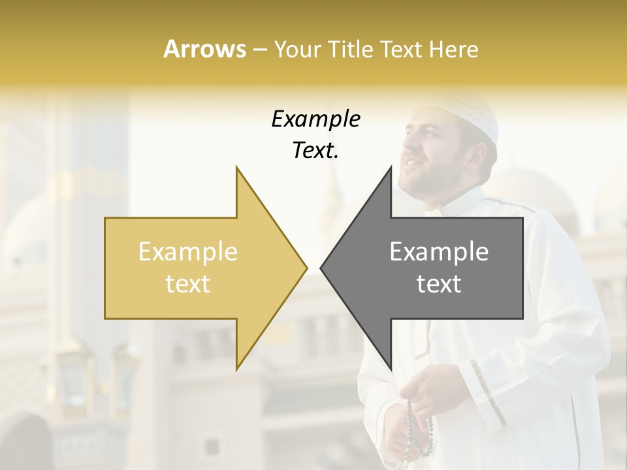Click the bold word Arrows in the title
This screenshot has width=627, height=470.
coord(204,50)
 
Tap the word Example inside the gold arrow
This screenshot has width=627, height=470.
coord(188,252)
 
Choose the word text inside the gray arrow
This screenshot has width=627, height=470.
coord(439,284)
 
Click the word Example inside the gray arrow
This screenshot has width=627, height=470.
coord(439,252)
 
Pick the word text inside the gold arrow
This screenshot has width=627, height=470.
coord(188,284)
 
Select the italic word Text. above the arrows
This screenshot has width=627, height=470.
coord(315,151)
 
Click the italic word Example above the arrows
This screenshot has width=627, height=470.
coord(315,119)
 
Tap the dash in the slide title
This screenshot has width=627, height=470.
coord(260,50)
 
